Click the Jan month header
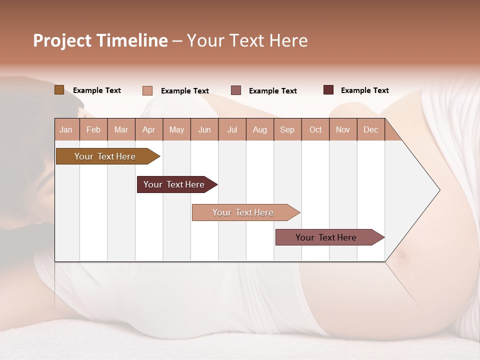(x=66, y=129)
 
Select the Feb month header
(x=93, y=129)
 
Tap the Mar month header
(x=121, y=129)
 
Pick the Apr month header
(x=148, y=129)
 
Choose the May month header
(x=176, y=129)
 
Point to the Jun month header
(x=204, y=129)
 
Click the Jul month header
(x=232, y=129)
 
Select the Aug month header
(x=259, y=129)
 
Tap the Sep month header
(x=287, y=129)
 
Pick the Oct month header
(x=315, y=129)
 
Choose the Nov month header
(x=342, y=129)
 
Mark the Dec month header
(x=370, y=129)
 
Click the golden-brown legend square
(x=59, y=90)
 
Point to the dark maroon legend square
(x=328, y=90)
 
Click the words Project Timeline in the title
(x=100, y=40)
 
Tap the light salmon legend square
(x=147, y=90)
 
